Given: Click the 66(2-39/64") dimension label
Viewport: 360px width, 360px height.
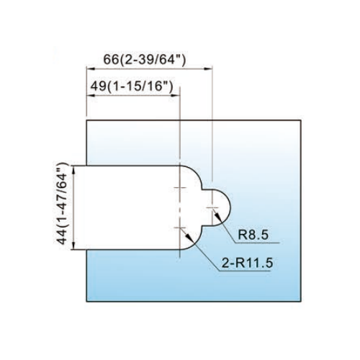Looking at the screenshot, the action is [145, 60].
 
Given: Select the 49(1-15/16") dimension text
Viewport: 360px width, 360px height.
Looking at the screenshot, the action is [132, 86].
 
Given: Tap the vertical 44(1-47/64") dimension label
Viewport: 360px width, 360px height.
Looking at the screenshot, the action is [62, 204].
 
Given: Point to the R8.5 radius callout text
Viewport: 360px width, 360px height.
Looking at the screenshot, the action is [253, 235].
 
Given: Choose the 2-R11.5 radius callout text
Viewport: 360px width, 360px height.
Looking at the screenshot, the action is [248, 263].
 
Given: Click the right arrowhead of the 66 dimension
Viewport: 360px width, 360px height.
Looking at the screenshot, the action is [208, 69].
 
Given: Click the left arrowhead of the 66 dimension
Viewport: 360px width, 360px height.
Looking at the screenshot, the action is [91, 69].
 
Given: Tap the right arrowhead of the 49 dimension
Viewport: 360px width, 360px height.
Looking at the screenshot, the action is [176, 96].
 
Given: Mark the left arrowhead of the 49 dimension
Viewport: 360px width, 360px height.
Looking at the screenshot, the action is [91, 96].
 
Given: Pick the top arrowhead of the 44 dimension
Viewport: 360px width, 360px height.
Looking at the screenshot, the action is [74, 170].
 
